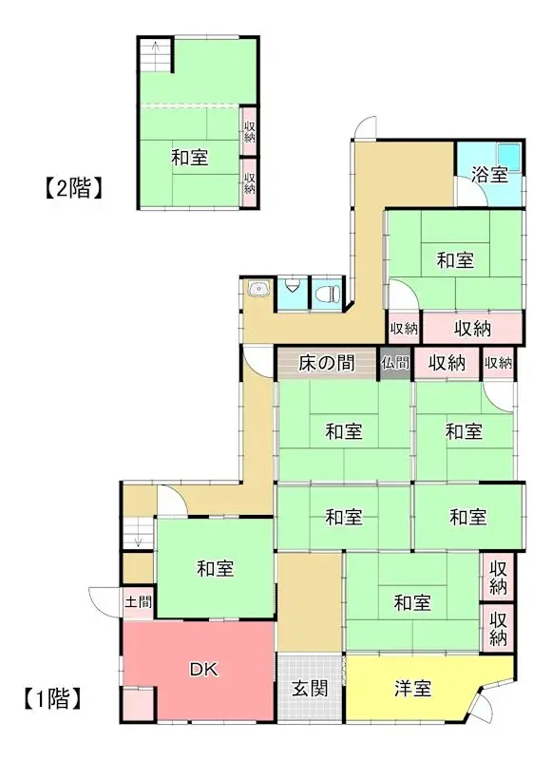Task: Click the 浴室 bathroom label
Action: point(489,175)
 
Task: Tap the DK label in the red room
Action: point(201,670)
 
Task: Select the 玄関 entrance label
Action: point(310,687)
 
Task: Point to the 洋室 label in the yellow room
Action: point(412,687)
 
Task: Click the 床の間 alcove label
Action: point(326,362)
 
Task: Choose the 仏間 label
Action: point(395,362)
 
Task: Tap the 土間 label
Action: point(138,601)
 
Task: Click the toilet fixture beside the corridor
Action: point(327,291)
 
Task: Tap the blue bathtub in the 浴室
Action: point(508,155)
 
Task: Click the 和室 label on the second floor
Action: point(190,158)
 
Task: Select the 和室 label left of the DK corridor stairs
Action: point(216,569)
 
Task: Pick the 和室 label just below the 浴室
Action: point(456,259)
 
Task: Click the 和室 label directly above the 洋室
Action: point(412,601)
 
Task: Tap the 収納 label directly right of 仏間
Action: point(446,362)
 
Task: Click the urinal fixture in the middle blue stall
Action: point(292,285)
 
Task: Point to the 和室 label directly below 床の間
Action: point(343,432)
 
